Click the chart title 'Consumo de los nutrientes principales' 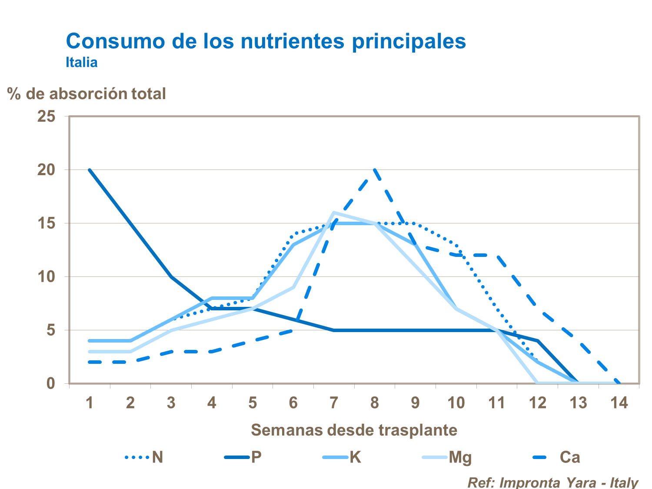coord(266,41)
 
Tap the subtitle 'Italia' coord(82,62)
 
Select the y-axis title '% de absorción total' coord(86,93)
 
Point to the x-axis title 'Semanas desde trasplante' coord(354,430)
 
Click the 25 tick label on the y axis coord(47,116)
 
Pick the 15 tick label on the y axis coord(47,223)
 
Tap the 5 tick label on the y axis coord(51,330)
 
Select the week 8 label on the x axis coord(375,403)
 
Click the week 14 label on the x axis coord(619,403)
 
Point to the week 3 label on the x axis coord(171,403)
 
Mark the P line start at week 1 coord(90,170)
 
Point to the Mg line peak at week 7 coord(334,213)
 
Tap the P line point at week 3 coord(171,276)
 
